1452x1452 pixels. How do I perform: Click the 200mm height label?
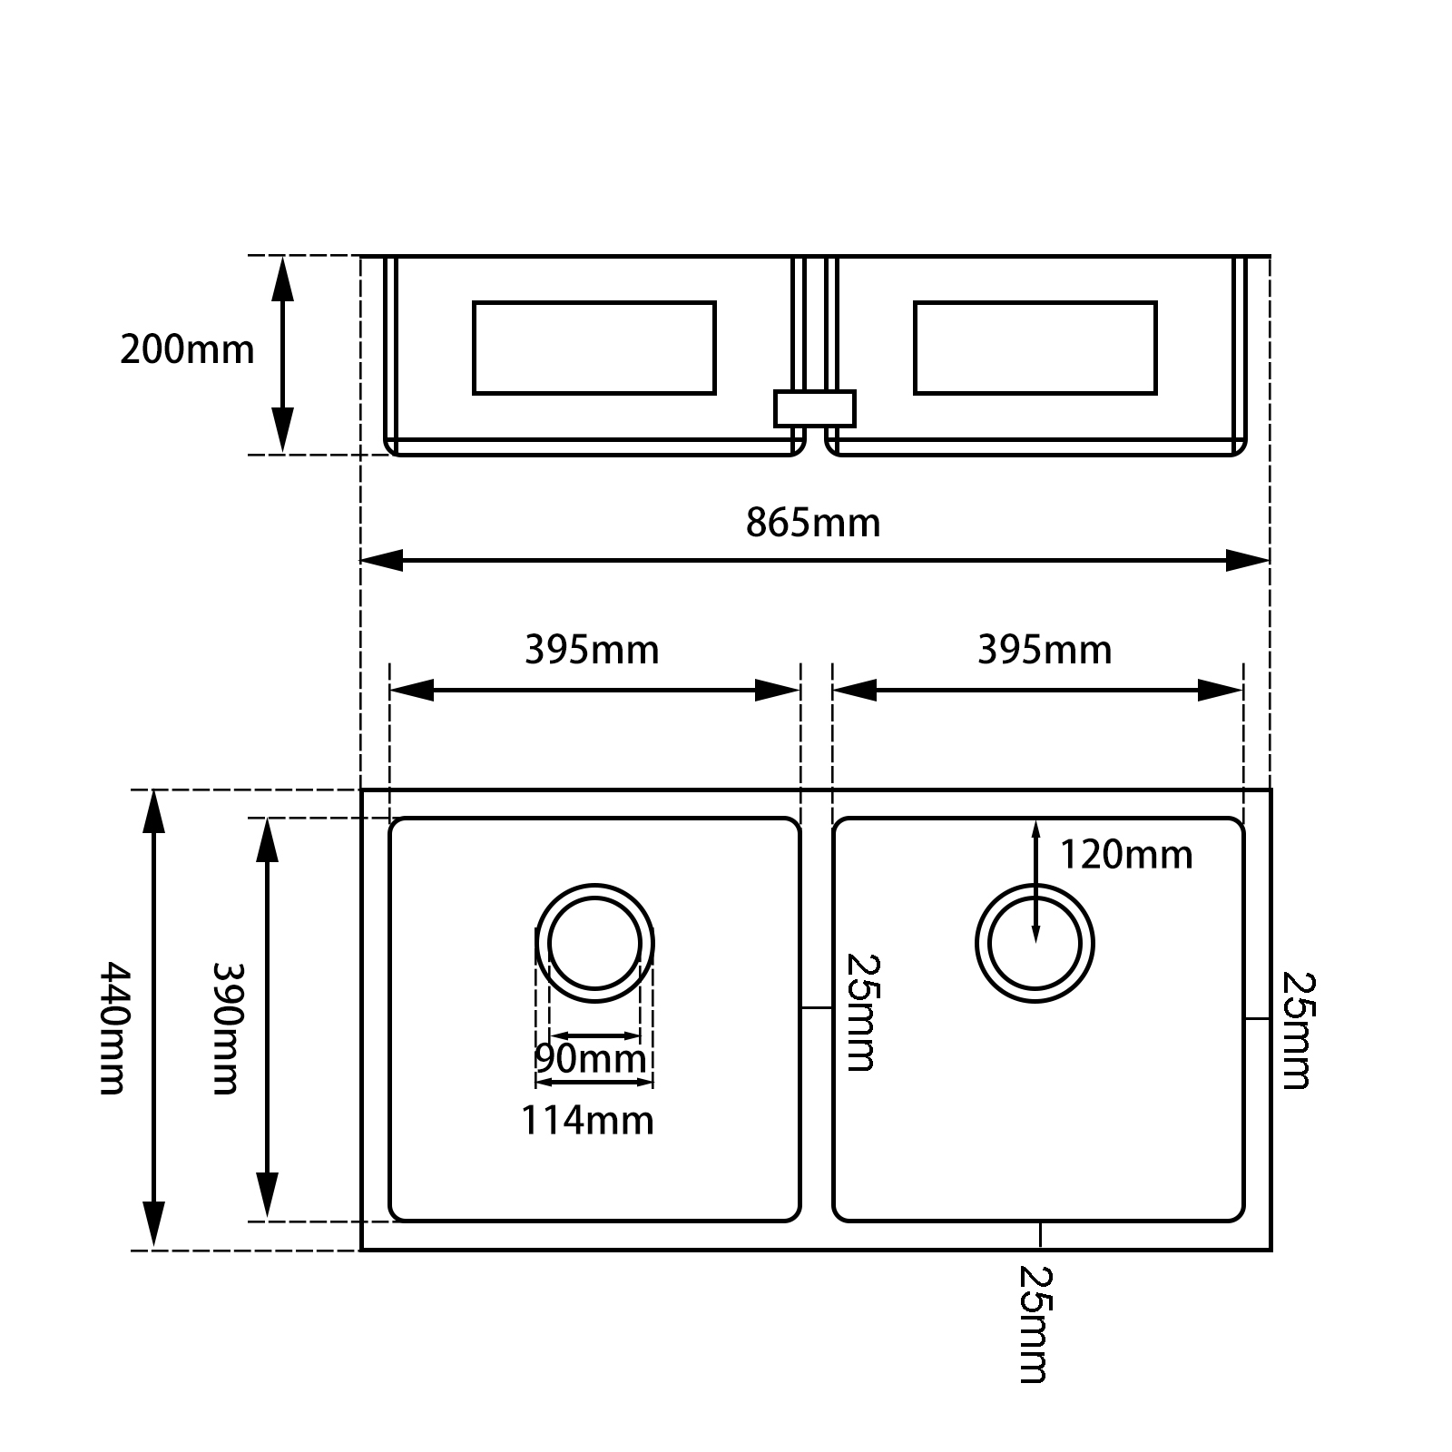(x=187, y=350)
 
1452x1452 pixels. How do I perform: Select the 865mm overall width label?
(x=813, y=524)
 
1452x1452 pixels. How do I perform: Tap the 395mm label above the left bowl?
(x=592, y=651)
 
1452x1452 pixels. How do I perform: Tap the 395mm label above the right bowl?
(x=1044, y=651)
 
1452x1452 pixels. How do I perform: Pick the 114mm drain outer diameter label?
(x=587, y=1121)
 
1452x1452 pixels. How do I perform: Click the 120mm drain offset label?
(x=1125, y=856)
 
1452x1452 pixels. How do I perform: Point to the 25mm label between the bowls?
(x=859, y=1012)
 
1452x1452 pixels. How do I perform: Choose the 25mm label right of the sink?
(x=1296, y=1030)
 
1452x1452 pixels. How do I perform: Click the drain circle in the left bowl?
(x=594, y=943)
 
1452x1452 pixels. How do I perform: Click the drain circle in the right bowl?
(x=1035, y=943)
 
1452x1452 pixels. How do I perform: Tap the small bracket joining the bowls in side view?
(x=814, y=408)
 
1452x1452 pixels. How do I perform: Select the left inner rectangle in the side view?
(x=594, y=348)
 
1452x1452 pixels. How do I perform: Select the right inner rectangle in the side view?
(x=1035, y=348)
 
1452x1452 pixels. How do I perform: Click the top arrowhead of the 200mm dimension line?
(x=283, y=276)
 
